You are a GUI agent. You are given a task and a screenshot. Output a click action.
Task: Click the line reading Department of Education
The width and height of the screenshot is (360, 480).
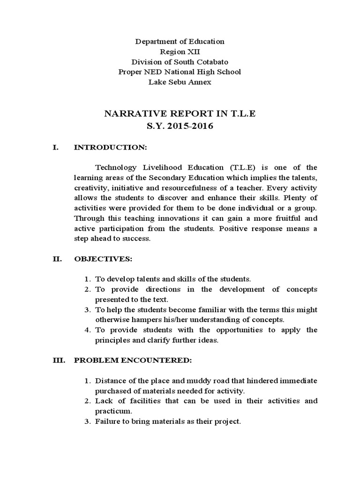click(180, 42)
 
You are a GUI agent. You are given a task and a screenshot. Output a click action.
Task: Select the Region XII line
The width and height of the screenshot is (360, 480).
click(180, 52)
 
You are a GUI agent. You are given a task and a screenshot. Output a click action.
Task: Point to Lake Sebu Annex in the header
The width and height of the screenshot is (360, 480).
click(180, 82)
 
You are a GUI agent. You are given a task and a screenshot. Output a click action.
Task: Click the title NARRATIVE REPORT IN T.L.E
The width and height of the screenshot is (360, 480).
click(180, 114)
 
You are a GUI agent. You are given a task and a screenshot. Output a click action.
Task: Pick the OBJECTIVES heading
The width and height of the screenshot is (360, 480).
click(104, 259)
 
